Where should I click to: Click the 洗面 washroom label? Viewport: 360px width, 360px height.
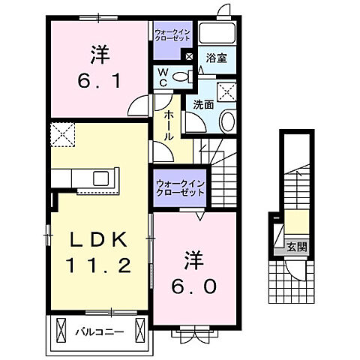(x=202, y=105)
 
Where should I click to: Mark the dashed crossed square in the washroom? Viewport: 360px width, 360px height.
(x=224, y=91)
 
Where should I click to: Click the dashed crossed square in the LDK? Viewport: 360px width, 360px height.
(x=63, y=136)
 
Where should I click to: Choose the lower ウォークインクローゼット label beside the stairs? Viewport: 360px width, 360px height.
(x=179, y=187)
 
